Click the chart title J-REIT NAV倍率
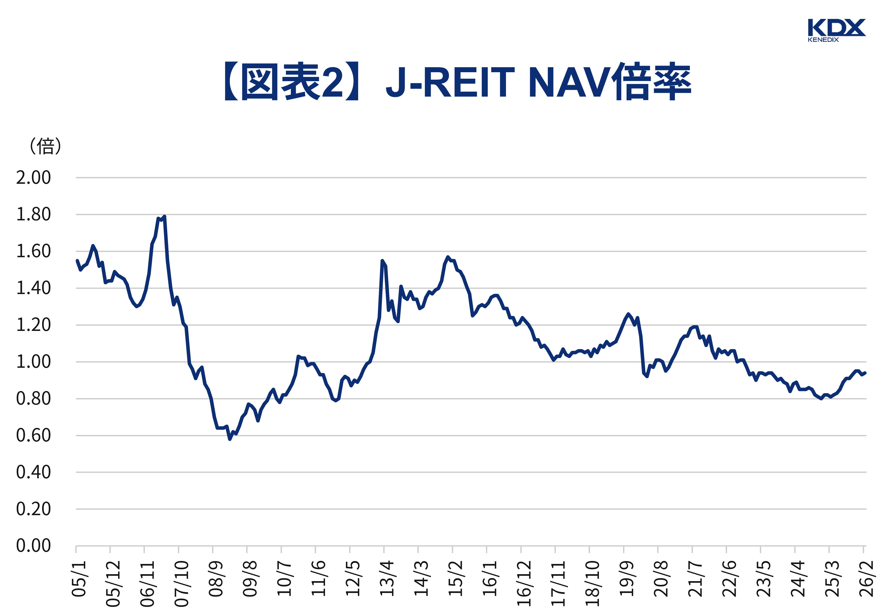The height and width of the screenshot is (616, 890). tap(457, 82)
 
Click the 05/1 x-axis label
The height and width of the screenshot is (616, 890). tap(79, 579)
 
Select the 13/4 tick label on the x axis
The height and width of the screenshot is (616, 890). tap(387, 579)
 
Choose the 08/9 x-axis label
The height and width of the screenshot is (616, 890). tap(216, 579)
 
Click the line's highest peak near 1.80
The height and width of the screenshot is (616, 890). tap(164, 217)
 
